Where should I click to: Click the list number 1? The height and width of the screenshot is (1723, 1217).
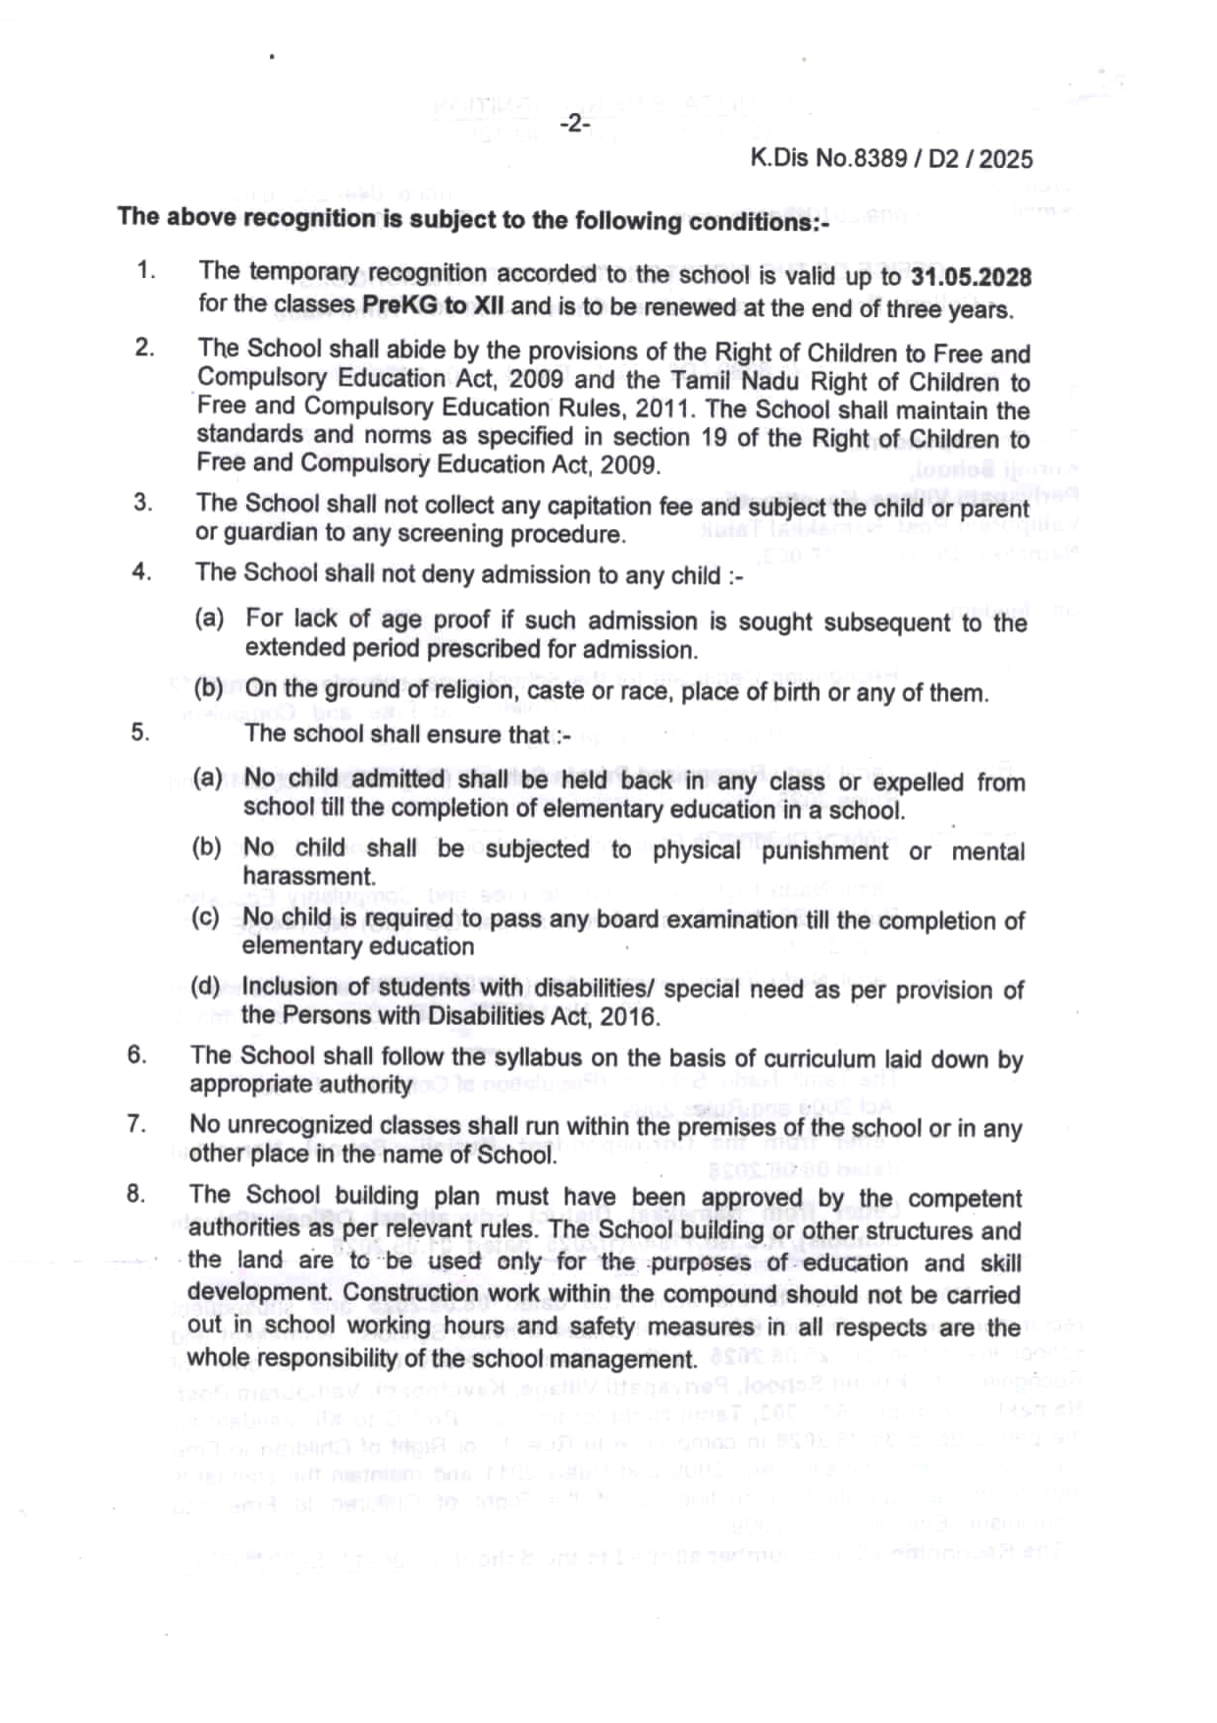pos(146,270)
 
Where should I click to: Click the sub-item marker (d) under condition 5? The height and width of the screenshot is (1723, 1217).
pos(206,986)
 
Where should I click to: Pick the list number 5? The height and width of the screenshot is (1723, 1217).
pos(139,732)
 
